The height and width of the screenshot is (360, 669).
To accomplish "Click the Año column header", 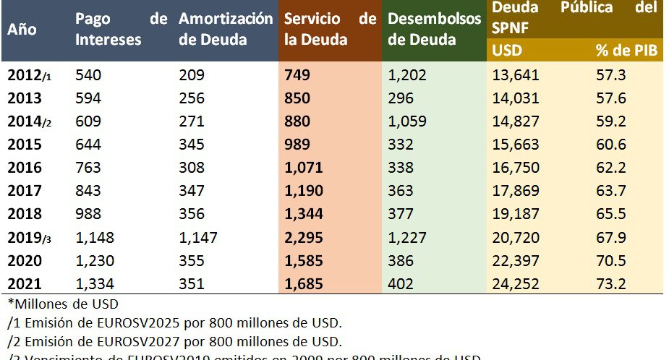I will [x=22, y=31].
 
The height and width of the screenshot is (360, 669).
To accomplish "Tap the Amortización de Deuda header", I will [x=226, y=28].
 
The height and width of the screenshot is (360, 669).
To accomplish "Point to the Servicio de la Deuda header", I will [x=331, y=28].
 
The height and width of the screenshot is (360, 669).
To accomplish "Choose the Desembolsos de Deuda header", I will [x=434, y=28].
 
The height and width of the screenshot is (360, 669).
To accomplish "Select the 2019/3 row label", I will [x=30, y=238].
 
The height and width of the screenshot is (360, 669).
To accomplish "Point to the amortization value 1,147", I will [x=198, y=238].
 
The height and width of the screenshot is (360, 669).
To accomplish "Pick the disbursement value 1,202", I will [x=407, y=74].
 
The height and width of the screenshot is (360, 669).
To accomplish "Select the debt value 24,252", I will [x=516, y=285].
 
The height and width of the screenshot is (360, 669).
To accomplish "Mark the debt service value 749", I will [x=298, y=74].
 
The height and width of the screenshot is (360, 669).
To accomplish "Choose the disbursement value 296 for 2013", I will [x=401, y=98].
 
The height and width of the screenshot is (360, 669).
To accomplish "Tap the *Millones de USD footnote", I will [x=63, y=304].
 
